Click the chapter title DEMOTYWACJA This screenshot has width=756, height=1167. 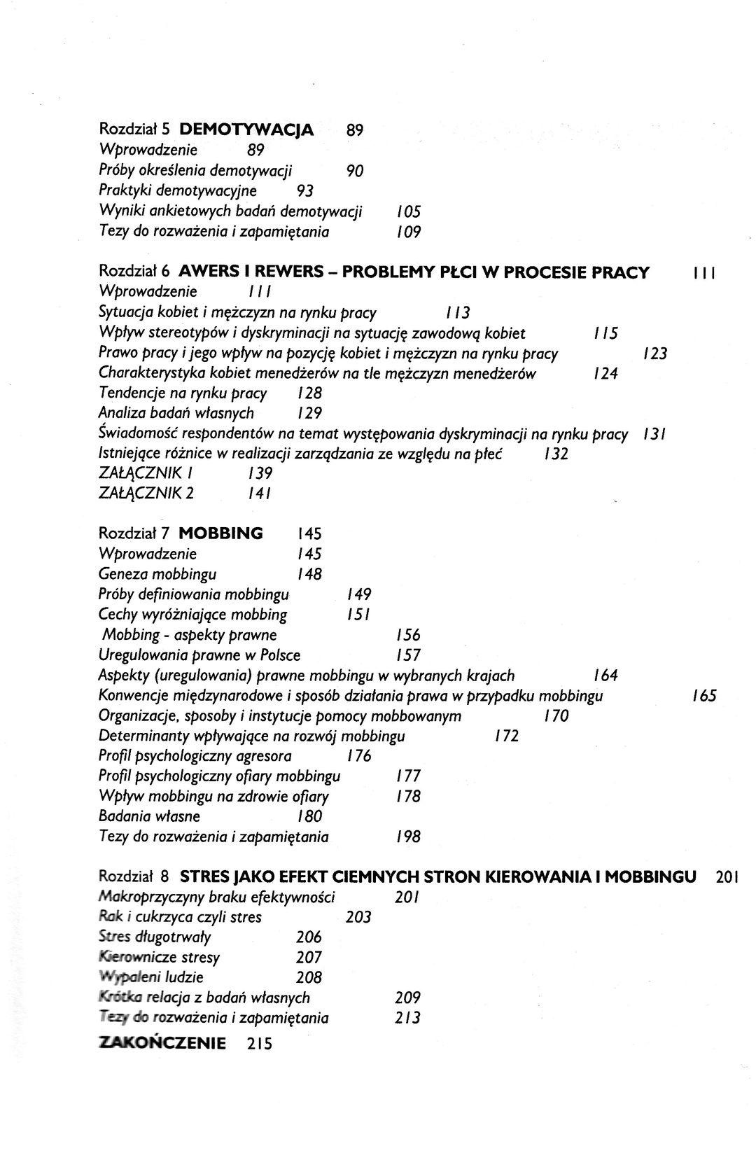246,130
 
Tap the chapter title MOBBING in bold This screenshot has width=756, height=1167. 221,533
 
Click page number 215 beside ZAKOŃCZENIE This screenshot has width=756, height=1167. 259,1044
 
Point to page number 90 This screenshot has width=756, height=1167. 355,171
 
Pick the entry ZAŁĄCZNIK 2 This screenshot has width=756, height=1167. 147,494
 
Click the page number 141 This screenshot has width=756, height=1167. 260,494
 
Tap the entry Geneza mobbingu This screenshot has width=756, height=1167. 157,575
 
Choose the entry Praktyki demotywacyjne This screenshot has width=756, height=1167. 178,191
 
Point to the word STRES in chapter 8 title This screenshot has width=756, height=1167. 204,876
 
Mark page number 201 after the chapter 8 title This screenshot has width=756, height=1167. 727,876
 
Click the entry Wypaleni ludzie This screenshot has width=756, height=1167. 151,978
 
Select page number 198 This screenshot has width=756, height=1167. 407,837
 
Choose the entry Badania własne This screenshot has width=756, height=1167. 150,816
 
